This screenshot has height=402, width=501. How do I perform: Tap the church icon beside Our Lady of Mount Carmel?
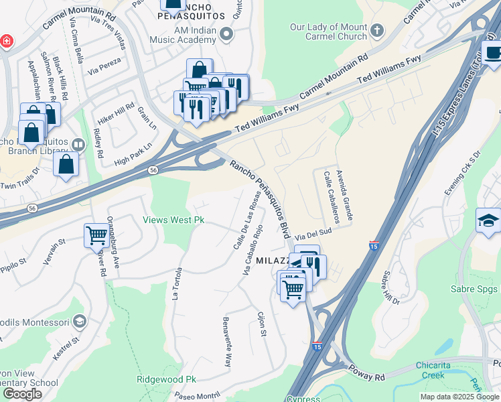click(x=377, y=30)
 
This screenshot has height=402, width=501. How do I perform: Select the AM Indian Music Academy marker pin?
click(x=227, y=33)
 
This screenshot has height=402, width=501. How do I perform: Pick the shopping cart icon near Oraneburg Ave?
click(x=96, y=236)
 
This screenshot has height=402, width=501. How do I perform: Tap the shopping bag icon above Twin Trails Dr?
click(x=66, y=164)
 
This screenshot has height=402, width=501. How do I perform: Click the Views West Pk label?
click(x=173, y=220)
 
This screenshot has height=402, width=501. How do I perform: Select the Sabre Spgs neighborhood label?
click(x=476, y=289)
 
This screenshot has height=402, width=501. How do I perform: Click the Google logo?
click(x=22, y=394)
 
